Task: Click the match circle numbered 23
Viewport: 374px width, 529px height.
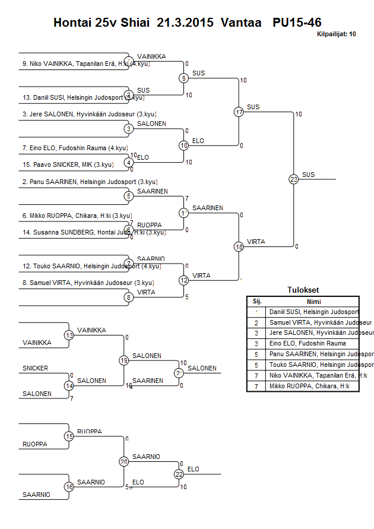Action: pyautogui.click(x=293, y=179)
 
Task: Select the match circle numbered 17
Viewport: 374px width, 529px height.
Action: pyautogui.click(x=239, y=112)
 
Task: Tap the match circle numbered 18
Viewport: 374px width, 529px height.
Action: pyautogui.click(x=239, y=246)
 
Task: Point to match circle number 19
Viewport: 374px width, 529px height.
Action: pyautogui.click(x=124, y=360)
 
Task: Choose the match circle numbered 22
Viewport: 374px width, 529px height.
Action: pyautogui.click(x=179, y=474)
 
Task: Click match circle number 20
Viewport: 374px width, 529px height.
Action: pyautogui.click(x=124, y=461)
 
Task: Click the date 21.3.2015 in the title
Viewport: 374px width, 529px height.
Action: pyautogui.click(x=186, y=23)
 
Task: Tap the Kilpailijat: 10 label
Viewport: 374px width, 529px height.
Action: pyautogui.click(x=337, y=34)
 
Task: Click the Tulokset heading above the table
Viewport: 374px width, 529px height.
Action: pyautogui.click(x=303, y=290)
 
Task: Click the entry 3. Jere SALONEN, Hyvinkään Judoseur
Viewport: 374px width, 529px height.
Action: pyautogui.click(x=90, y=115)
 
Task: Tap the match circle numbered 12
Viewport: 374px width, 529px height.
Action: pyautogui.click(x=184, y=280)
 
